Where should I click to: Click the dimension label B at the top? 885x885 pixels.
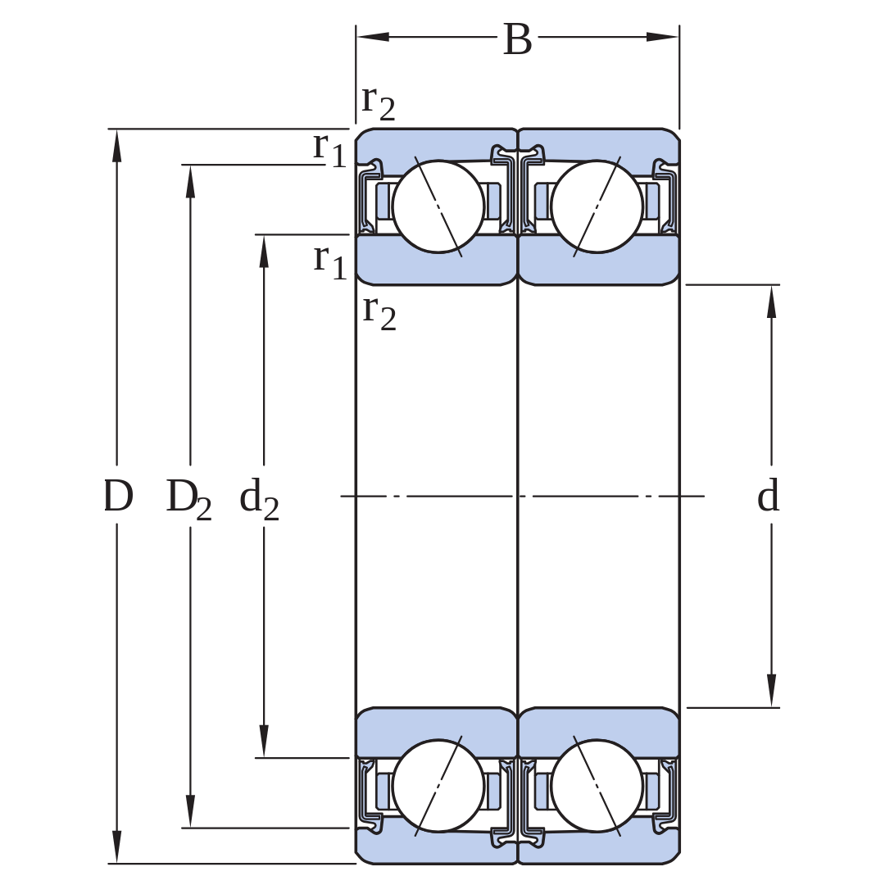point(518,39)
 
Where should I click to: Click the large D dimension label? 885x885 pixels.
point(118,496)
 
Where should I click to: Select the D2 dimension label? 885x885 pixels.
point(188,499)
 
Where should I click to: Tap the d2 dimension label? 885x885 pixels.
point(259,499)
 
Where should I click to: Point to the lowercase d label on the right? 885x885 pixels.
point(768,495)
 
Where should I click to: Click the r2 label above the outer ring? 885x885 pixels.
point(378,103)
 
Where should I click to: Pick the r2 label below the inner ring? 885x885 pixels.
point(379,313)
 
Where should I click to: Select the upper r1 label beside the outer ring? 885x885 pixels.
point(329,150)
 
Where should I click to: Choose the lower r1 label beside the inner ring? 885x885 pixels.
point(329,262)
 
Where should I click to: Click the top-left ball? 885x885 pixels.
point(438,206)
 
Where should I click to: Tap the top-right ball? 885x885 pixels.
point(597,206)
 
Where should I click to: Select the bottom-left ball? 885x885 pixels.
point(438,786)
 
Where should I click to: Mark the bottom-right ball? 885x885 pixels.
point(597,786)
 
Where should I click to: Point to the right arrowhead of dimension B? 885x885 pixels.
point(663,37)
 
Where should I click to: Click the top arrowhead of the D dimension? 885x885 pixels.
point(117,146)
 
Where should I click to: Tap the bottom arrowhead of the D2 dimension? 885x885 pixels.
point(190,811)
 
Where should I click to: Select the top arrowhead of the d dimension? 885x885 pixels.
point(772,302)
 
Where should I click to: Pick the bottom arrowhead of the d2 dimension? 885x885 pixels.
point(264,741)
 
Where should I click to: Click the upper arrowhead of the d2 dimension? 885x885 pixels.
point(264,252)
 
